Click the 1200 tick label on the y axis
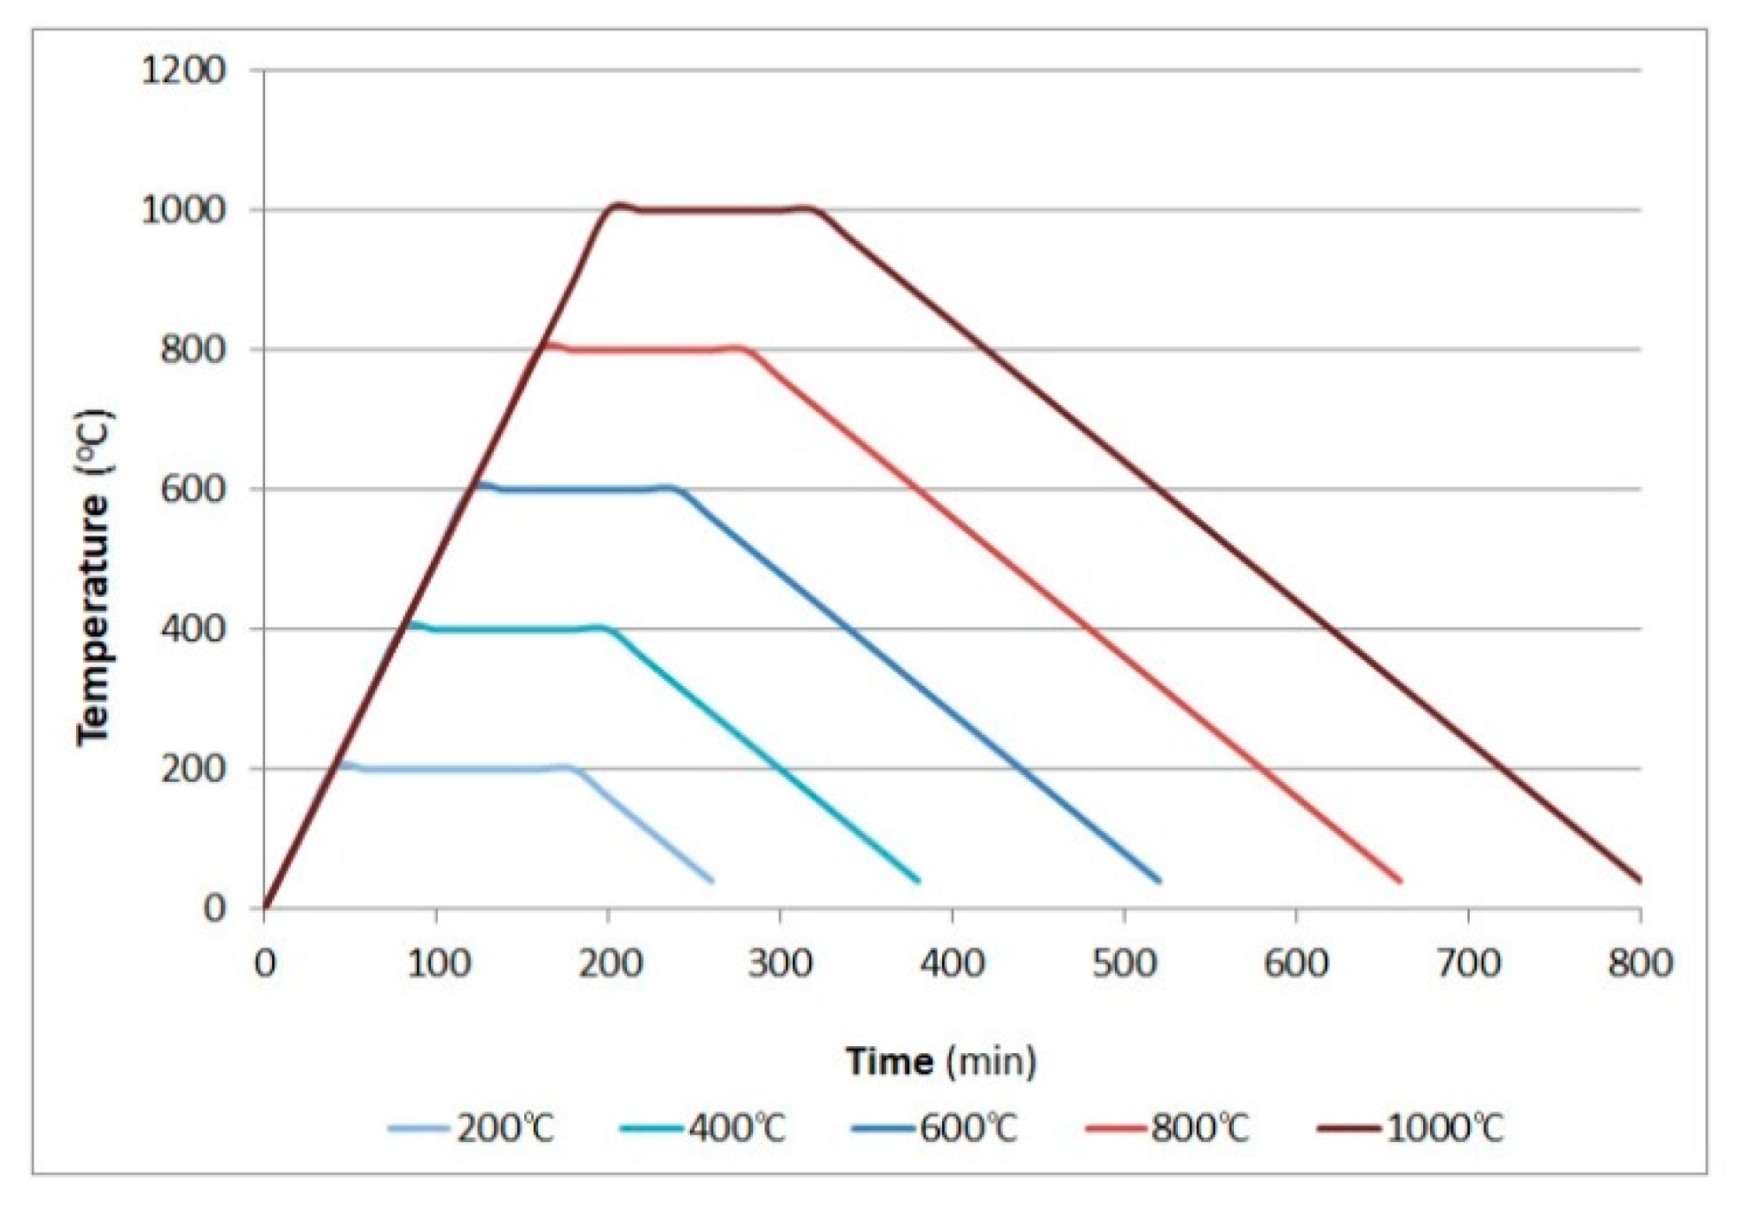[x=182, y=71]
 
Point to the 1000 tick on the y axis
[x=182, y=211]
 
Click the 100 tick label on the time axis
[x=437, y=962]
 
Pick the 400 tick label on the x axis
[x=952, y=962]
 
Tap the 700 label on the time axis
[x=1468, y=962]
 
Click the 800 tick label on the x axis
[x=1639, y=962]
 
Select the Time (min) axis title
[x=940, y=1061]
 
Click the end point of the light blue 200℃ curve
[x=711, y=880]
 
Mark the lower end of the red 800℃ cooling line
[x=1399, y=880]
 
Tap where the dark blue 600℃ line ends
[x=1158, y=880]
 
